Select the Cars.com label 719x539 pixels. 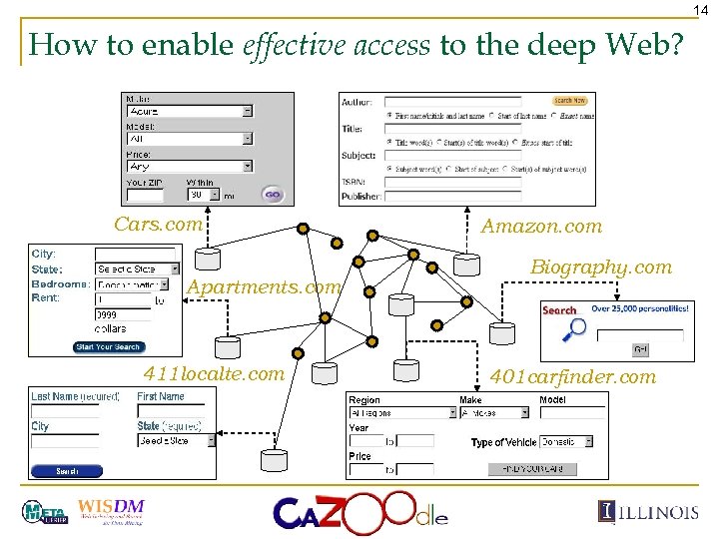click(158, 225)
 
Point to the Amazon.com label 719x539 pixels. click(541, 227)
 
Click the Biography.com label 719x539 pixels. click(601, 268)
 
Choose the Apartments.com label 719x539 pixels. click(264, 287)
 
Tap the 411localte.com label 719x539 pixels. click(214, 374)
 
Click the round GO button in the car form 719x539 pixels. click(273, 195)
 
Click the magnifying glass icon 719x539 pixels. click(574, 330)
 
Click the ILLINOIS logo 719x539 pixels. click(649, 512)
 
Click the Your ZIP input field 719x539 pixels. click(145, 197)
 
